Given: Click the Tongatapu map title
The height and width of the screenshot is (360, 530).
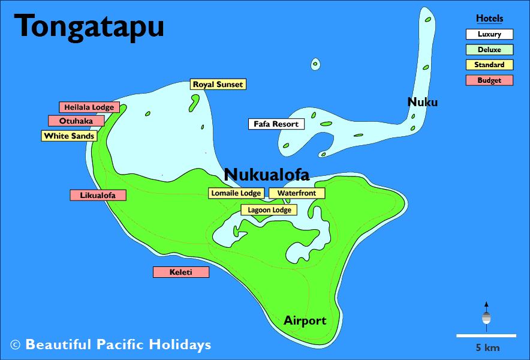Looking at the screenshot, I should (x=89, y=26).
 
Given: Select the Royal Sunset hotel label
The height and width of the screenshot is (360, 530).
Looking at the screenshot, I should (x=218, y=85).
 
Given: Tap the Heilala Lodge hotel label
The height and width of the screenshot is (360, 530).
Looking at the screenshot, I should (x=89, y=107).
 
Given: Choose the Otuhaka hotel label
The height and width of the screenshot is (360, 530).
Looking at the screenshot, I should (x=76, y=121).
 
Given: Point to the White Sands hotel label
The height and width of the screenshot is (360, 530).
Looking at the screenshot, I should (x=69, y=136).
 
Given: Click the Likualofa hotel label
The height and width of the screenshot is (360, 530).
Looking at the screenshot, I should (x=98, y=195).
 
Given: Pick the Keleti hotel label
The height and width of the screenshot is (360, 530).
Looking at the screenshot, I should (x=180, y=272).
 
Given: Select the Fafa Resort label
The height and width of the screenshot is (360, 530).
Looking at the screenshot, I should (x=276, y=124).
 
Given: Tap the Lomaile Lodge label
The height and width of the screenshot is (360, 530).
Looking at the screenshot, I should (x=236, y=193).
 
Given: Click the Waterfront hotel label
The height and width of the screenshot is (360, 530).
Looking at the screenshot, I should (x=296, y=193).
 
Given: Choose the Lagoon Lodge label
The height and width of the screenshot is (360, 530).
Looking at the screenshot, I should (x=269, y=210).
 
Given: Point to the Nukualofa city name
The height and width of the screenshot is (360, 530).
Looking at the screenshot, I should (x=266, y=175).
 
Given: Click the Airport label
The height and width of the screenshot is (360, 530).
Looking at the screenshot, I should (x=305, y=320).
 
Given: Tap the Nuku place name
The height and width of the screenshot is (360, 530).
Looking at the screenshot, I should (x=422, y=102).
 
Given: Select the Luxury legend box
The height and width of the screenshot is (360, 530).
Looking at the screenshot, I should (x=489, y=35).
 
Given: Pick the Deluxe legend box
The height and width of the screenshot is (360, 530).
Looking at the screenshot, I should (x=489, y=50).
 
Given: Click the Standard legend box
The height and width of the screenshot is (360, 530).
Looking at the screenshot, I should (x=489, y=65).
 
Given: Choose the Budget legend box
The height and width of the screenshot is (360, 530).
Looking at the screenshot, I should (x=489, y=80).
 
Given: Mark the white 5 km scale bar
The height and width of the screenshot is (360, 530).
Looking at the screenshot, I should (x=486, y=335).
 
